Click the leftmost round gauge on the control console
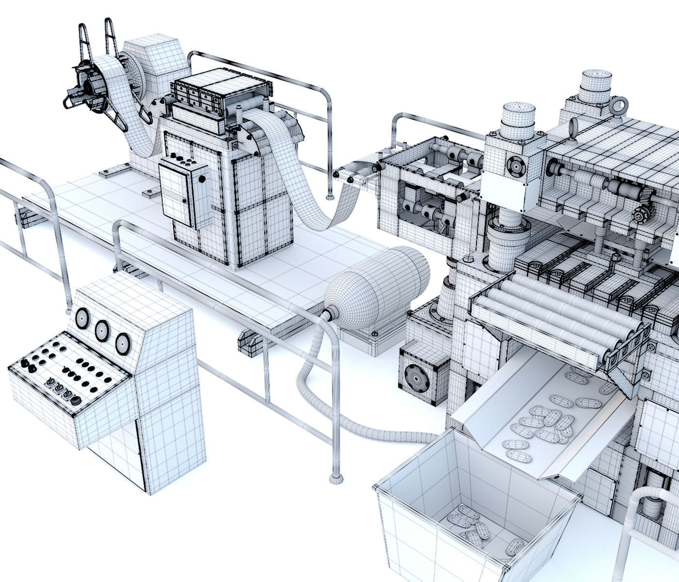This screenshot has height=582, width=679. (x=82, y=318)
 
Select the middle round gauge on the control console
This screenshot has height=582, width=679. (x=102, y=330)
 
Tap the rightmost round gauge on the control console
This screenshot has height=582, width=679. (x=122, y=342)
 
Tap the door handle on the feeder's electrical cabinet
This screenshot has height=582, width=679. (x=184, y=200)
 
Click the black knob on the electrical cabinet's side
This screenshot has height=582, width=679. (x=201, y=179)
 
